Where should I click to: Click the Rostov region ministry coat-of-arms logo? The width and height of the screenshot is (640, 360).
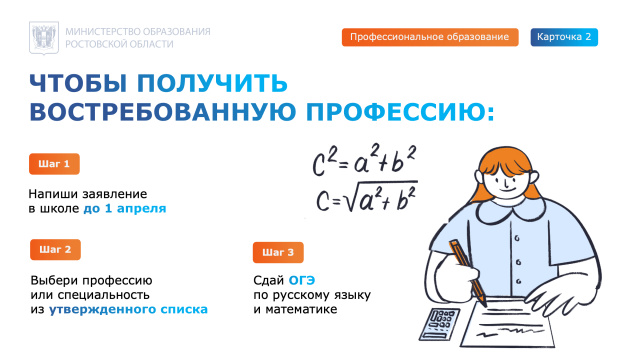pyautogui.click(x=42, y=38)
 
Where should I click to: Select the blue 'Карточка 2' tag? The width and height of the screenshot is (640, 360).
pyautogui.click(x=564, y=37)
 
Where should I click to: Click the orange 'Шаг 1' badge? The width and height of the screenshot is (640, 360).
pyautogui.click(x=54, y=163)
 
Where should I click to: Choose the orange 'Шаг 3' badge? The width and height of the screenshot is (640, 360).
pyautogui.click(x=279, y=252)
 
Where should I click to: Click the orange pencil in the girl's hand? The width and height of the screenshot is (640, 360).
pyautogui.click(x=466, y=271)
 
